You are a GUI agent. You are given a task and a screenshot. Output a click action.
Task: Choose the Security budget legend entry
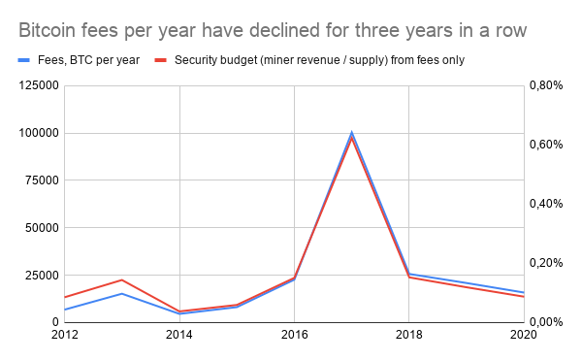pyautogui.click(x=319, y=60)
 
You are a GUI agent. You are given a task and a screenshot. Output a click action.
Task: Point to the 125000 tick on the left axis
pyautogui.click(x=35, y=85)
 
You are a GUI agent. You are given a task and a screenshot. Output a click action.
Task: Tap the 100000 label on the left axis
pyautogui.click(x=35, y=133)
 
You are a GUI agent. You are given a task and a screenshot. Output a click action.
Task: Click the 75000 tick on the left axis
pyautogui.click(x=39, y=180)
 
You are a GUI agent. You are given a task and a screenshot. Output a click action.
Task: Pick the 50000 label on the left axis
pyautogui.click(x=39, y=228)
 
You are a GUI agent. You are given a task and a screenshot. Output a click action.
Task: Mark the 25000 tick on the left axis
pyautogui.click(x=39, y=275)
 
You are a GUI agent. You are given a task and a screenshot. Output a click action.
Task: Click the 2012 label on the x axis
pyautogui.click(x=64, y=335)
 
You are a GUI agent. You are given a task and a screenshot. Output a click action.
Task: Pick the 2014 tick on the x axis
pyautogui.click(x=179, y=335)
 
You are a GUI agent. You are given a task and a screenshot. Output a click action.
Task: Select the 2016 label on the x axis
pyautogui.click(x=294, y=335)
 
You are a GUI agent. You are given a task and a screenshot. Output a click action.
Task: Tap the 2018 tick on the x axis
pyautogui.click(x=408, y=335)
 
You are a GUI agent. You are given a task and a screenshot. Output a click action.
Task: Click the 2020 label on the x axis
pyautogui.click(x=523, y=335)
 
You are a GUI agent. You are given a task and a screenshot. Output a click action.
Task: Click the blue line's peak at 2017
pyautogui.click(x=351, y=133)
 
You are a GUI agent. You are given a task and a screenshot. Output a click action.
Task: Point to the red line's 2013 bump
pyautogui.click(x=121, y=279)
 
